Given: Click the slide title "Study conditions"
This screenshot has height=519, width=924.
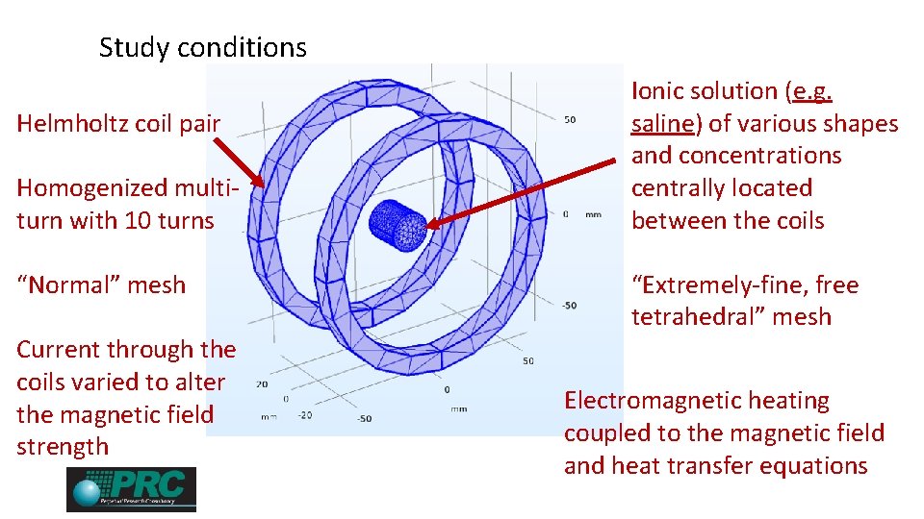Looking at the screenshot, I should [x=202, y=47].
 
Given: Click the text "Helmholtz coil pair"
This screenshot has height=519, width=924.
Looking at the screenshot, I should [x=118, y=123].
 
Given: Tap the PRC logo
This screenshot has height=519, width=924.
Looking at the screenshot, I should [x=131, y=489].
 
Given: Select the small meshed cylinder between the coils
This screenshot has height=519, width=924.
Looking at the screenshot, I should [x=398, y=225].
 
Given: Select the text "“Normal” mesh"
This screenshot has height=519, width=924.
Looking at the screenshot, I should [x=101, y=284].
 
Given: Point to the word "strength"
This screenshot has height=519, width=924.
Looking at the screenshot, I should [x=63, y=447].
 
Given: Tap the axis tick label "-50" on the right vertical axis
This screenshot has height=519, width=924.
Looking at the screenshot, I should [x=570, y=306].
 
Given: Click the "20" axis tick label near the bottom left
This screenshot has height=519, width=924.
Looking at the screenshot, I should [x=262, y=383].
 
